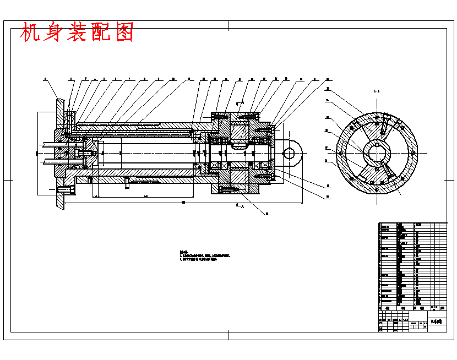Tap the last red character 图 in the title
125,32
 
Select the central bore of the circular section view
377,153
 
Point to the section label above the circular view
377,91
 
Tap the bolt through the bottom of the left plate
66,190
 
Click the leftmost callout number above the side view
45,79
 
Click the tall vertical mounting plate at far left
59,154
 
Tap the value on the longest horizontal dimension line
183,202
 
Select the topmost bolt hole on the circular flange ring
377,117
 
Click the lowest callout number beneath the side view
267,214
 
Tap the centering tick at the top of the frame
228,25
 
